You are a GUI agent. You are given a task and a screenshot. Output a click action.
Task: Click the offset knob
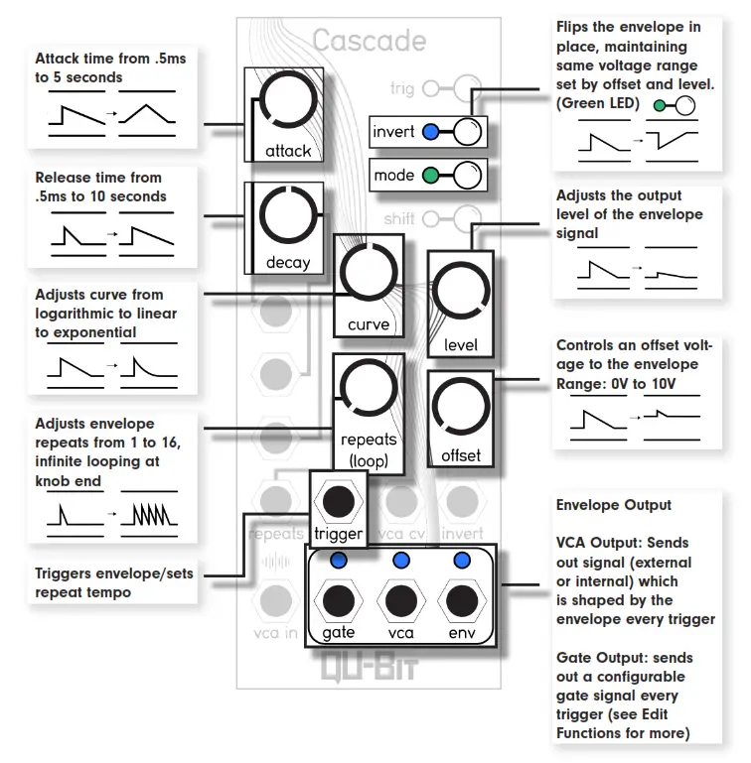[x=460, y=408]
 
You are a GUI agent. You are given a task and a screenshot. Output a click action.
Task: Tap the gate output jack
[x=339, y=600]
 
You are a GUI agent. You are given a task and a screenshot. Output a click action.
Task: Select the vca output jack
[x=401, y=600]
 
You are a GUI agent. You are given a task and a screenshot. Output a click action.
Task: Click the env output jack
[x=462, y=600]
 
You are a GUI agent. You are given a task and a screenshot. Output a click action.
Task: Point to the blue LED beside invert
[x=430, y=131]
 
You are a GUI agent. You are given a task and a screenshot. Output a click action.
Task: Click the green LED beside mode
[x=430, y=177]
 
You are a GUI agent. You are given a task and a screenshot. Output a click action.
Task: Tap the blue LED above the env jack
[x=462, y=561]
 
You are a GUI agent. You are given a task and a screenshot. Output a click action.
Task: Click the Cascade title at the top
[x=369, y=41]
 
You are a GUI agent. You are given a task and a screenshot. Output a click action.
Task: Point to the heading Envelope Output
[x=613, y=505]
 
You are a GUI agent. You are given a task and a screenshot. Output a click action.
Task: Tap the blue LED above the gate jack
[x=339, y=561]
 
